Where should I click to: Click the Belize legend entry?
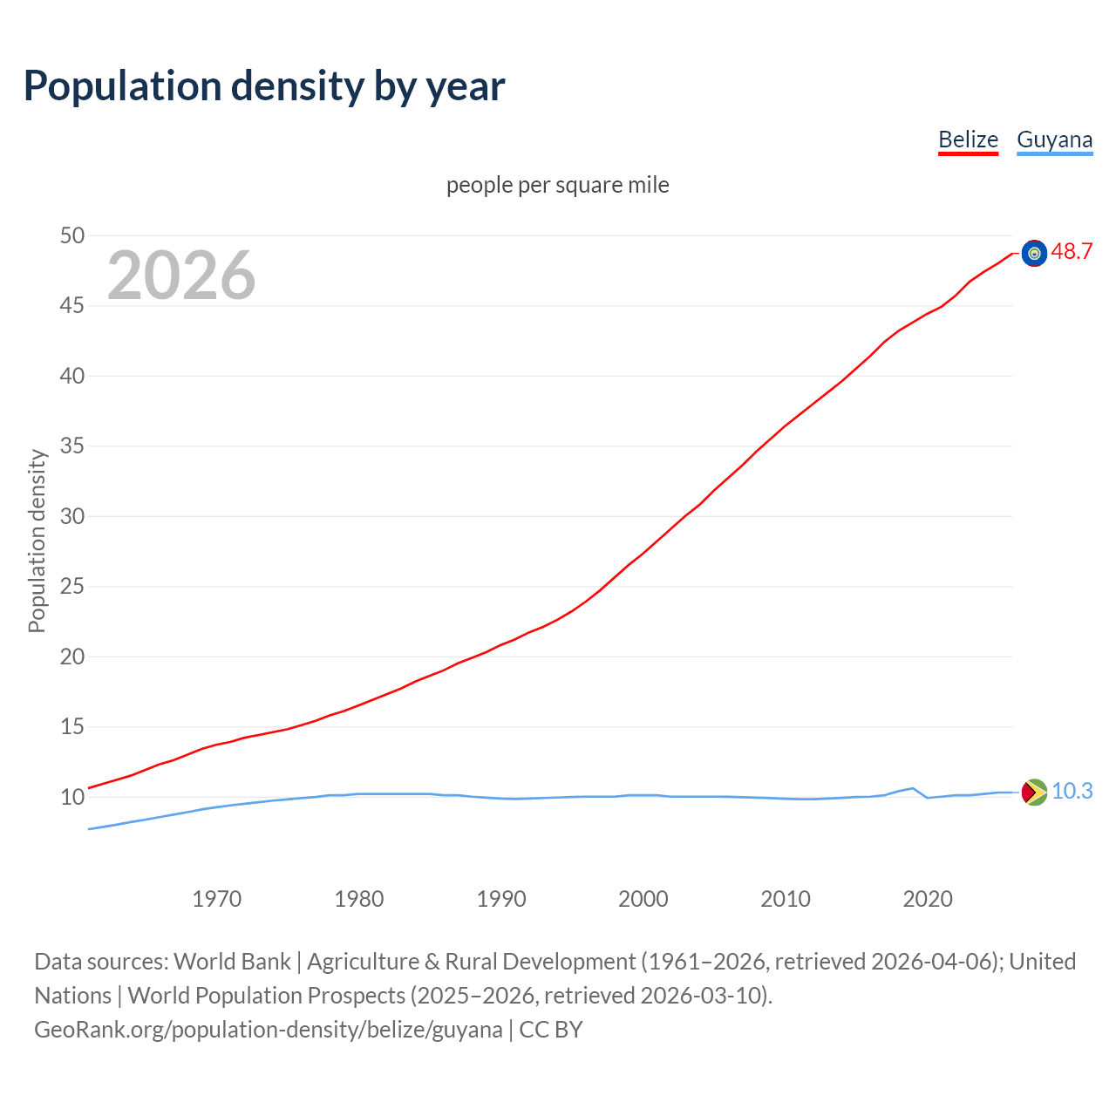(x=968, y=139)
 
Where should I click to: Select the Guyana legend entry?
(x=1054, y=139)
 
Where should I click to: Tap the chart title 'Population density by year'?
(x=264, y=85)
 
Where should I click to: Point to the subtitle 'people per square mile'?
(x=557, y=185)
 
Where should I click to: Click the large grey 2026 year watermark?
(x=181, y=276)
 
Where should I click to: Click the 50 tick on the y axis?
(x=72, y=235)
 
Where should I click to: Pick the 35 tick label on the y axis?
(x=72, y=446)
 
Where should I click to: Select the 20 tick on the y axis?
(x=72, y=657)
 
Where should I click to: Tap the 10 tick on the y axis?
(x=72, y=797)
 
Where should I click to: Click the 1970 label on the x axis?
(x=216, y=899)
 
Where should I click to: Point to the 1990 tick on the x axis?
(x=501, y=899)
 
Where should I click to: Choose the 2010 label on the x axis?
(x=786, y=899)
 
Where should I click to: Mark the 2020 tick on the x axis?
(x=928, y=899)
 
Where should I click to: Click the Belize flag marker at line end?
(x=1034, y=253)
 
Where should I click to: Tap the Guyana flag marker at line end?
(x=1034, y=792)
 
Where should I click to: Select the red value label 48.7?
(x=1072, y=252)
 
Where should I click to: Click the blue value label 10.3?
(x=1072, y=791)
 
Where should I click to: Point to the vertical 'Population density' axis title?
(x=37, y=541)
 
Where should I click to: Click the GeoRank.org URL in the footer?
(x=269, y=1030)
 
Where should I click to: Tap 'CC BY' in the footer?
(x=551, y=1030)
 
